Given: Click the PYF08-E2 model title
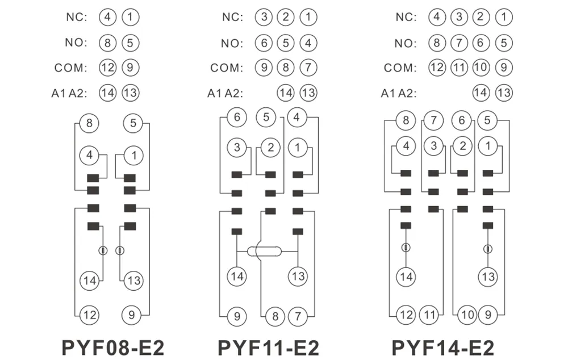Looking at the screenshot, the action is coord(113,348).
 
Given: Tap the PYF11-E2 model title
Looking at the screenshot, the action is coord(269,348).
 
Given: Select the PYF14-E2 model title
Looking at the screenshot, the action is coord(442,348).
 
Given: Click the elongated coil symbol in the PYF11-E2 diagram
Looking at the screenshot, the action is coord(264,251).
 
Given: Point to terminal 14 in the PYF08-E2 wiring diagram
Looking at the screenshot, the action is coord(90,281).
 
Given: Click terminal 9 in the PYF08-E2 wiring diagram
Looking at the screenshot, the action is coord(132,315).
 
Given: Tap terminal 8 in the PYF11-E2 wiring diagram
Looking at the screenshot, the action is coord(275,316).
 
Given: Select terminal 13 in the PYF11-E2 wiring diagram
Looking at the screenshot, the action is coord(298,277).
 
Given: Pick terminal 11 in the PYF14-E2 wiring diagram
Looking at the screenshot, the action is coord(429,315).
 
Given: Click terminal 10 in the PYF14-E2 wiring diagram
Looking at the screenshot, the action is coord(467,315).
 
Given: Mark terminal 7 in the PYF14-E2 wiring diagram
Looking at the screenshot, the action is coord(433,120).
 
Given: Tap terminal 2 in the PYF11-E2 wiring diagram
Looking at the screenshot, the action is coord(270,148).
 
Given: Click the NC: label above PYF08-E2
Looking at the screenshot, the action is coord(77,17).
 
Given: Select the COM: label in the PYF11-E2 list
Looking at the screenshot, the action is coord(227,68).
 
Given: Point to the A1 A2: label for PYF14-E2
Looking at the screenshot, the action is coord(399,94).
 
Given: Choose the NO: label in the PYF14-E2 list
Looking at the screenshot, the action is coord(406,44).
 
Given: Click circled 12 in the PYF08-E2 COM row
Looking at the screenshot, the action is coord(107,68).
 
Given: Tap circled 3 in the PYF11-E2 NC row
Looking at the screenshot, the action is coord(264,17).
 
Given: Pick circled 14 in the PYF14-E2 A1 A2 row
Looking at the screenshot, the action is coord(481,93).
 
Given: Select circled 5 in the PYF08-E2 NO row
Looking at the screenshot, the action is coord(131,43).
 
